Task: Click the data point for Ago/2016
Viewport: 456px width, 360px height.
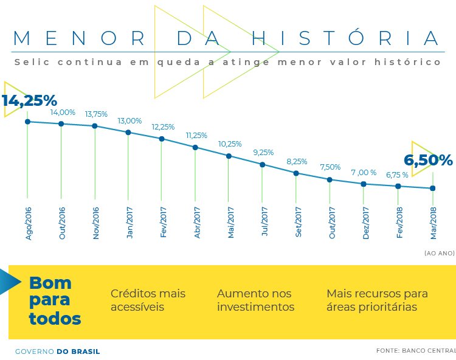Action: click(x=27, y=122)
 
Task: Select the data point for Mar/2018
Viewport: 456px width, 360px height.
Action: click(x=432, y=188)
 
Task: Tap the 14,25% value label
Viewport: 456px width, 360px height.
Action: click(x=29, y=100)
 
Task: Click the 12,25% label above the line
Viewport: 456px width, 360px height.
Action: click(x=163, y=127)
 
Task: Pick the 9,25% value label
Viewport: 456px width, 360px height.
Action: click(x=263, y=153)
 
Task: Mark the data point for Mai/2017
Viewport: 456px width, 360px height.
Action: click(x=229, y=156)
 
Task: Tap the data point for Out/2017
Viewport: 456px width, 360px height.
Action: click(x=330, y=179)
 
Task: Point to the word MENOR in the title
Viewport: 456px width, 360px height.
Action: click(x=79, y=38)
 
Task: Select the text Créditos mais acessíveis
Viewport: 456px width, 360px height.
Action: click(x=148, y=300)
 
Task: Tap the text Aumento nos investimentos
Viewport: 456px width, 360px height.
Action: click(x=255, y=300)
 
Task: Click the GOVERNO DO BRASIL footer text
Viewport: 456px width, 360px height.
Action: click(x=57, y=351)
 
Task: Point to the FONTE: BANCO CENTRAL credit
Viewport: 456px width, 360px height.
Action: click(x=416, y=351)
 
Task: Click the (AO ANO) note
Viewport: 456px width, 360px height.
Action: click(x=439, y=252)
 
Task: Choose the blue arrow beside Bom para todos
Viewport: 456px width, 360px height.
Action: click(x=9, y=281)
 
